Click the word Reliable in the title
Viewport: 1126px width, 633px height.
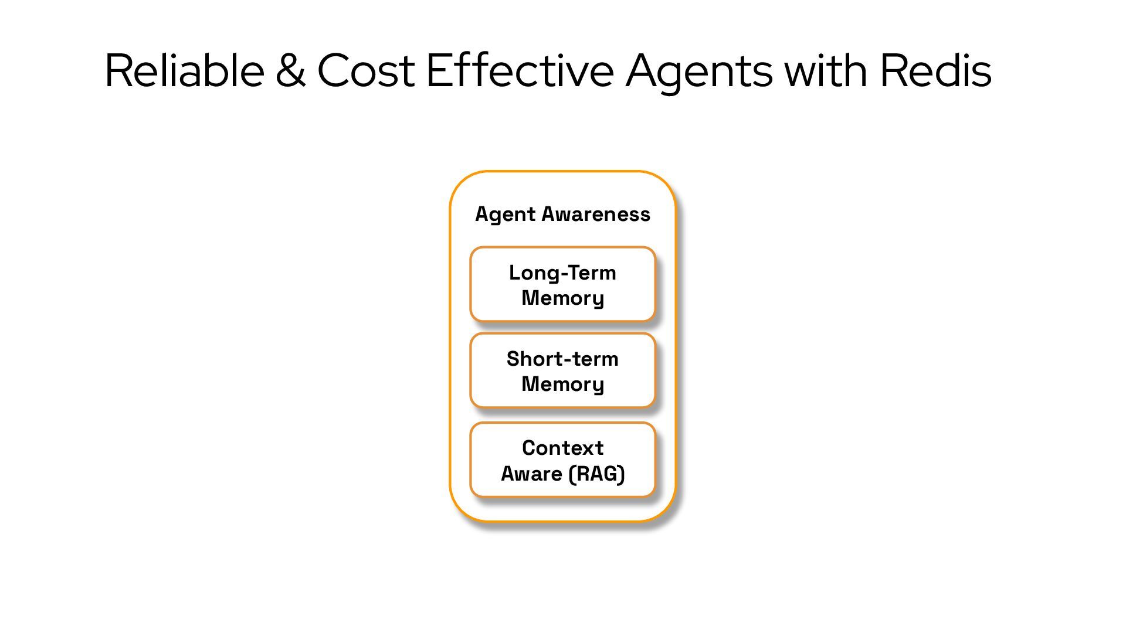coord(184,71)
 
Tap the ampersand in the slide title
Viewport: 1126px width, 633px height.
coord(290,71)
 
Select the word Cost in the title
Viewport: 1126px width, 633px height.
coord(366,71)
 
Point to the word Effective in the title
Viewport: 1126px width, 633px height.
coord(520,71)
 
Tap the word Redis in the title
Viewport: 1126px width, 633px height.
coord(936,71)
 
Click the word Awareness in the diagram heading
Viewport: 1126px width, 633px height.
coord(595,214)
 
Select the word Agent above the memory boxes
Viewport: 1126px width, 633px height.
coord(505,215)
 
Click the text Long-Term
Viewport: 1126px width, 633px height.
coord(562,273)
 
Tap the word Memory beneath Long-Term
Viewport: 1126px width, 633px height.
coord(562,298)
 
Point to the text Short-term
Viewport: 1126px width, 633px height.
coord(562,359)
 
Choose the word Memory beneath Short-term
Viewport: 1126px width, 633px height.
coord(562,384)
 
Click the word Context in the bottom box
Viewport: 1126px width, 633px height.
coord(562,448)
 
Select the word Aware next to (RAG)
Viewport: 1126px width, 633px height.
coord(531,474)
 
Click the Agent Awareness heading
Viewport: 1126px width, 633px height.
coord(562,214)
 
